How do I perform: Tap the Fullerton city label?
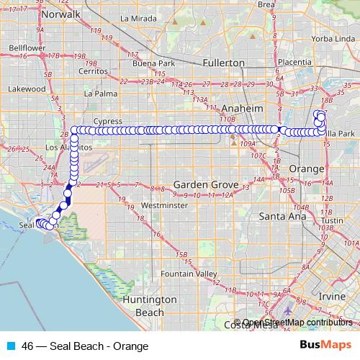click(x=224, y=63)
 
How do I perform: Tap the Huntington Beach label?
click(x=150, y=305)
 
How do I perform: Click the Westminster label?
click(x=164, y=204)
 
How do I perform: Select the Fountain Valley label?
click(x=189, y=274)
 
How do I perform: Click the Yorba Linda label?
click(x=332, y=38)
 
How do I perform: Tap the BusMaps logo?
click(x=325, y=346)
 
